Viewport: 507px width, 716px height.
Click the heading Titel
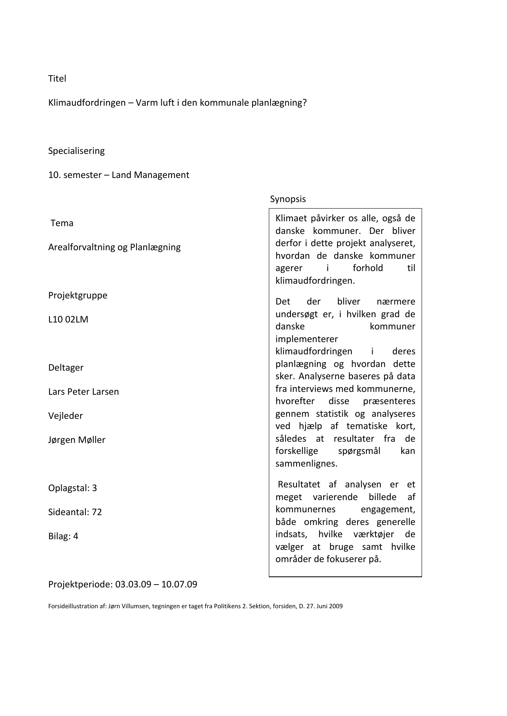(57, 78)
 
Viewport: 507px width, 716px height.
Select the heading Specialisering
(76, 151)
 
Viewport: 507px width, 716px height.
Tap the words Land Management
(150, 175)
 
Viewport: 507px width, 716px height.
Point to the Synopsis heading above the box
(288, 199)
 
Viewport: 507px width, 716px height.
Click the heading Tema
(62, 223)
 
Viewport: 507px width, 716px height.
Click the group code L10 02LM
(68, 319)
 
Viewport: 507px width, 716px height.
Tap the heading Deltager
(66, 367)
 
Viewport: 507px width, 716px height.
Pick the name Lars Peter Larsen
(83, 391)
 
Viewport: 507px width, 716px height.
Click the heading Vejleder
(65, 416)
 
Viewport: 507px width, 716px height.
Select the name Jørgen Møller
(77, 440)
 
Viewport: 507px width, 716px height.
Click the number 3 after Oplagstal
(94, 488)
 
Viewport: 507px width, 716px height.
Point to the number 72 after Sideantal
(97, 512)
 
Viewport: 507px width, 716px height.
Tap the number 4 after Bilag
(76, 536)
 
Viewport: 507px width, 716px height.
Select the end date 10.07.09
(179, 584)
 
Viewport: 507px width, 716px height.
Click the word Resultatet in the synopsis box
(299, 484)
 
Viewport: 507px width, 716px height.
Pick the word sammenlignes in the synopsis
(306, 463)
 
